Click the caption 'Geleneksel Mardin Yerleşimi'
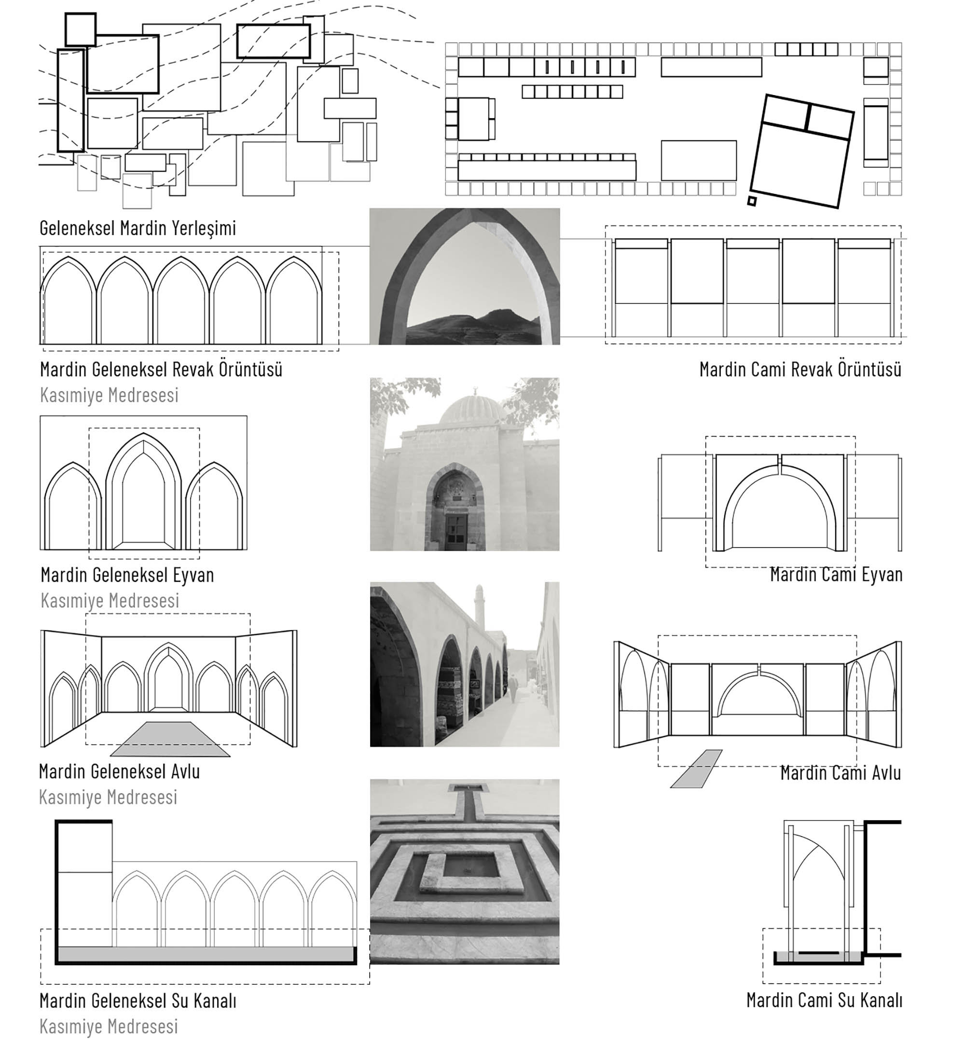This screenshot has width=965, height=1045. [138, 228]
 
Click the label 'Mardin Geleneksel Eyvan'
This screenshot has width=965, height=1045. [127, 575]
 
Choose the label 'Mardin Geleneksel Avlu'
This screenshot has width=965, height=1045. [120, 771]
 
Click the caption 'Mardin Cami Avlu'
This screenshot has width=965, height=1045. [840, 773]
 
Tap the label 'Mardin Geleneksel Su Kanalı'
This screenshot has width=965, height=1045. [138, 1001]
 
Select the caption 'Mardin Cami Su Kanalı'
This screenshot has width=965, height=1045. [824, 1000]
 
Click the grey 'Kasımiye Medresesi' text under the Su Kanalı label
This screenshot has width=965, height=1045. [109, 1026]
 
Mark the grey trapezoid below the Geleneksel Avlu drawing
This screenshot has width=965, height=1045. [170, 740]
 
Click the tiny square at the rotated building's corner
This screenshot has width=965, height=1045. [751, 201]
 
